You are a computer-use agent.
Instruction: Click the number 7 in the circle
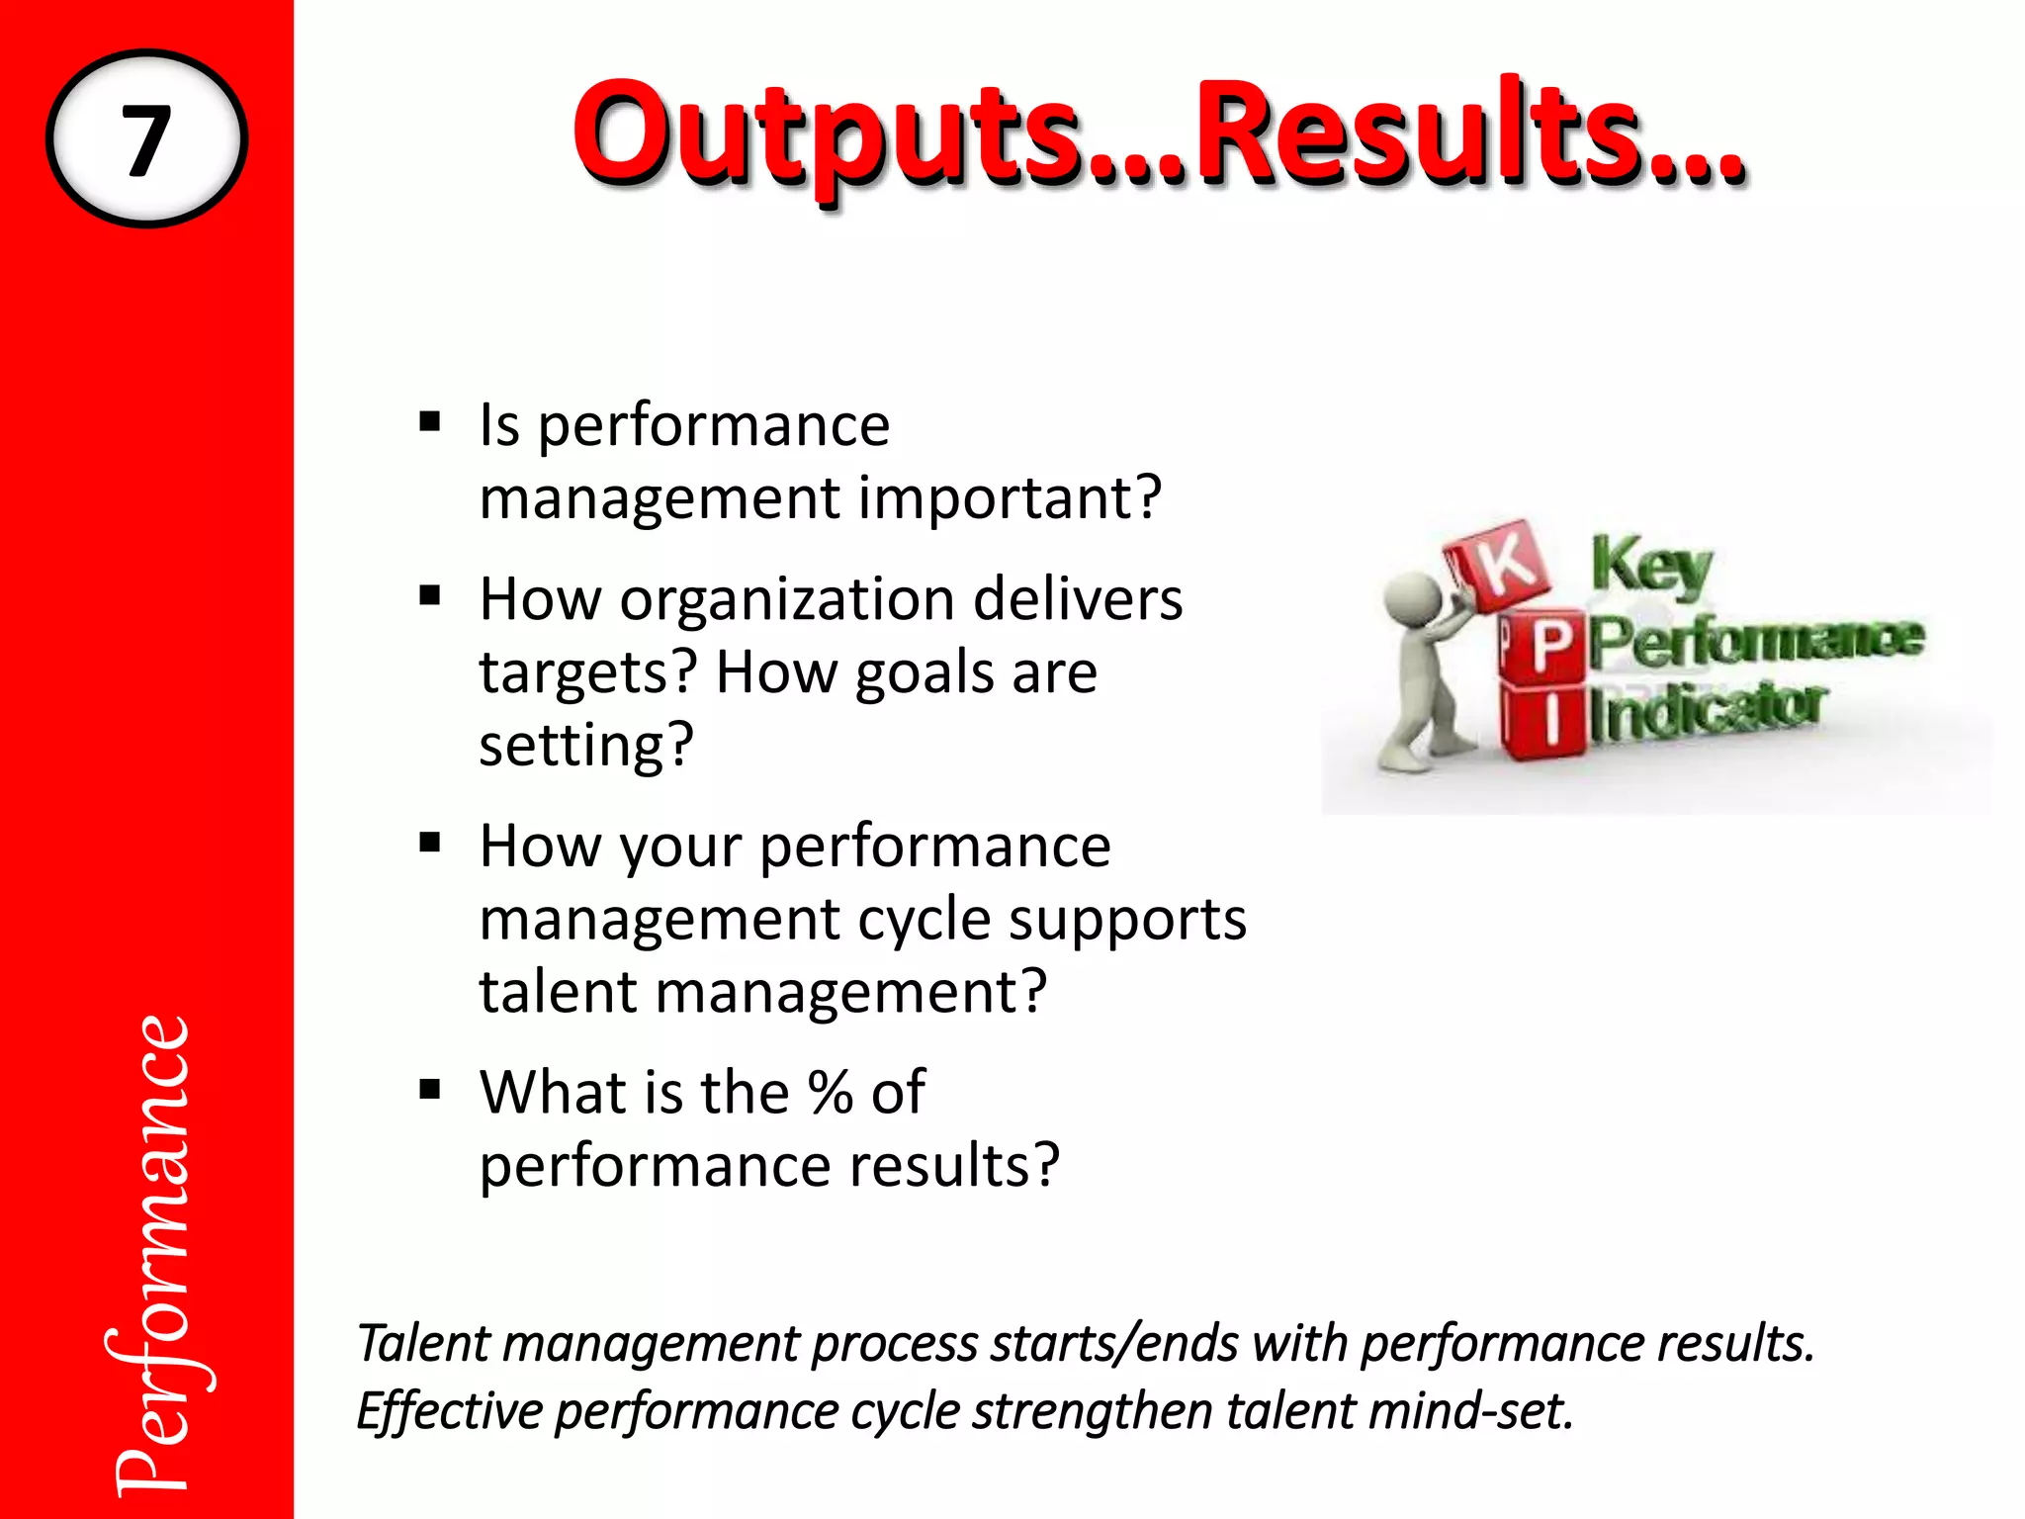[x=146, y=139]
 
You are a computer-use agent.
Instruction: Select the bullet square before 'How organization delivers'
[x=429, y=596]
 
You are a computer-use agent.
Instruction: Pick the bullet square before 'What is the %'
[x=429, y=1090]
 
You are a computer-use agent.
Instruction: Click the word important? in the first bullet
[x=1010, y=497]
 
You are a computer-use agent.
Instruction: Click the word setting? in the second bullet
[x=586, y=745]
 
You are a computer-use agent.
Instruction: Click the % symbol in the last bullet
[x=830, y=1093]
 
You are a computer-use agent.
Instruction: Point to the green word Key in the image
[x=1650, y=567]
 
